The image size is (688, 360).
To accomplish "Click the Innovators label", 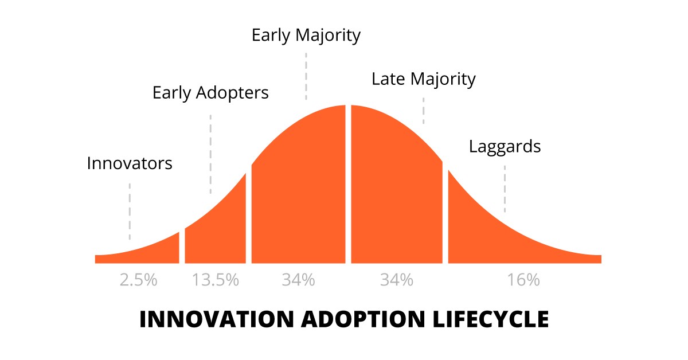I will [x=130, y=163].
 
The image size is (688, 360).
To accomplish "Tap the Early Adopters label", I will [x=210, y=92].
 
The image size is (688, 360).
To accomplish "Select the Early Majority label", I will [x=306, y=36].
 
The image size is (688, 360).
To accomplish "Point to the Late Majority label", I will [x=424, y=79].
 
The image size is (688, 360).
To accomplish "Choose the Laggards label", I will [x=505, y=146].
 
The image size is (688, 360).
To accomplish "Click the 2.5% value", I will [x=138, y=280].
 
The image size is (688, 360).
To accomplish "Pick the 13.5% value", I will [x=216, y=280].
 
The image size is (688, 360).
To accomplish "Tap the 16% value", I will [x=523, y=280].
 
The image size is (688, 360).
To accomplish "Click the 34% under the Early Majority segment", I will [x=298, y=280].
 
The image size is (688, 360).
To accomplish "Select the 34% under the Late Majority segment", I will [x=397, y=280].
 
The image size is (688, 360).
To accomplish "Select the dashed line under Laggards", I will [x=505, y=189].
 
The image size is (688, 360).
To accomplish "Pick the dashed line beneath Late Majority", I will [x=424, y=111].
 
